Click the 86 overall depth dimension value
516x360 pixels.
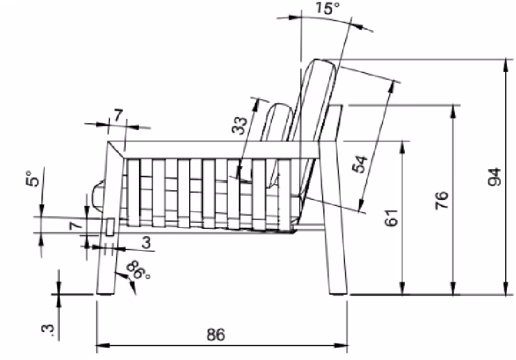tap(216, 335)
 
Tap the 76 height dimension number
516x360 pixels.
tap(443, 200)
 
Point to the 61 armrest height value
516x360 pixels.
tap(392, 217)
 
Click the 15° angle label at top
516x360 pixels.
tap(329, 8)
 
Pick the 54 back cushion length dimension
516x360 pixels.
tap(360, 164)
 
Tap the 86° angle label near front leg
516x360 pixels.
tap(138, 270)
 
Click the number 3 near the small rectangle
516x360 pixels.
tap(146, 242)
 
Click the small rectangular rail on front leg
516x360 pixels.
tap(109, 227)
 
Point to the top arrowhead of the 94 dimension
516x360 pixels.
tap(505, 63)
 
